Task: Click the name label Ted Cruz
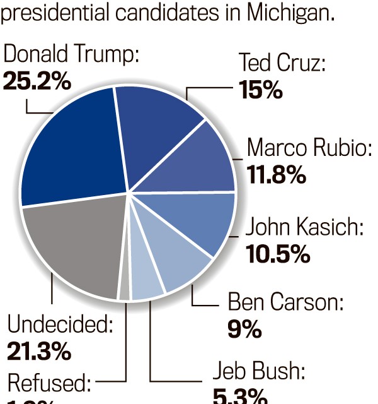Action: tap(282, 63)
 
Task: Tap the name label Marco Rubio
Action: tap(309, 148)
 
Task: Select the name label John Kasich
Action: tap(304, 227)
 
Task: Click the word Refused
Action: tap(49, 383)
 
